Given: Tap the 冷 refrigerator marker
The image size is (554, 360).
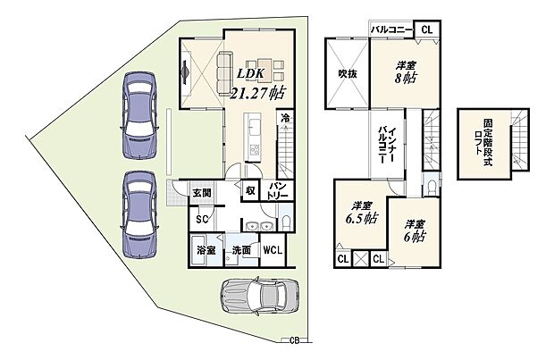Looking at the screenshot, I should (285, 118).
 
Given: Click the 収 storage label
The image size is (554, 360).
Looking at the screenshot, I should (250, 190).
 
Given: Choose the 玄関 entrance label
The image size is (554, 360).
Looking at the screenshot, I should (201, 193).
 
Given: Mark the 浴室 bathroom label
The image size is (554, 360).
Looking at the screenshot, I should (206, 251).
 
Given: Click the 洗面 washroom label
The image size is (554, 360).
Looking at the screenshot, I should (239, 251).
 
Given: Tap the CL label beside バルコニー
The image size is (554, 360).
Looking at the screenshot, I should (426, 30).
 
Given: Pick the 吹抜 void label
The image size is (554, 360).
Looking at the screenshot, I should (348, 74).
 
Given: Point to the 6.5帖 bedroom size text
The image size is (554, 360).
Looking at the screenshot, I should (360, 218).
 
